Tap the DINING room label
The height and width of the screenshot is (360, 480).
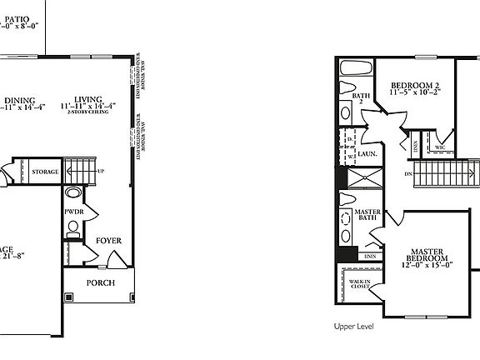(x=16, y=97)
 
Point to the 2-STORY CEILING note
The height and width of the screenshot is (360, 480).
(x=88, y=115)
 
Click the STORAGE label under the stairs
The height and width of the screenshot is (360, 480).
(x=45, y=172)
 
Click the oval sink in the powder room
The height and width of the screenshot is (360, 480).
(x=74, y=194)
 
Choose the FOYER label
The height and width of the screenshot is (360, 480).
(x=108, y=241)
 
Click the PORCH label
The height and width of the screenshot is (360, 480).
(x=101, y=282)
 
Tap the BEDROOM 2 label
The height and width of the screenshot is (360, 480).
(x=415, y=86)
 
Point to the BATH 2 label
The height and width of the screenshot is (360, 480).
(x=360, y=99)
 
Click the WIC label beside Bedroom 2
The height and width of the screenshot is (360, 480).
(x=439, y=147)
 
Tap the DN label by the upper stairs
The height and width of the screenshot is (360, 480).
(x=407, y=174)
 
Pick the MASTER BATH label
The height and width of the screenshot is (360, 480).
(x=367, y=217)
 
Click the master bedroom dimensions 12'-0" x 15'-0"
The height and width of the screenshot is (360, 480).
(x=428, y=266)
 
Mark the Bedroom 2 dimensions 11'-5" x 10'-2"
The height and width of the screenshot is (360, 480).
(x=415, y=95)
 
